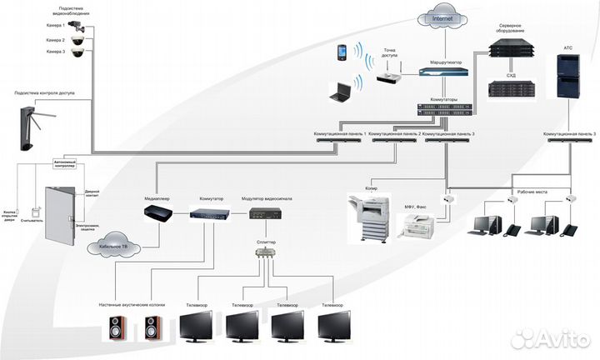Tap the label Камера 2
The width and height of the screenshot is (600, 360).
click(x=56, y=39)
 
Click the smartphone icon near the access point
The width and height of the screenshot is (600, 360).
click(x=342, y=52)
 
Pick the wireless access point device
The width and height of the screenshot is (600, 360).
click(x=389, y=78)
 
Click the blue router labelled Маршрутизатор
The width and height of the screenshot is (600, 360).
click(x=444, y=72)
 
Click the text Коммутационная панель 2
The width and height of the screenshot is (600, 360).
click(x=393, y=133)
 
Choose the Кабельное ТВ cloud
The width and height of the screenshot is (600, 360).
click(x=114, y=247)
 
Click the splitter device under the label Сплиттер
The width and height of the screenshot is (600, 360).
click(x=266, y=257)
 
